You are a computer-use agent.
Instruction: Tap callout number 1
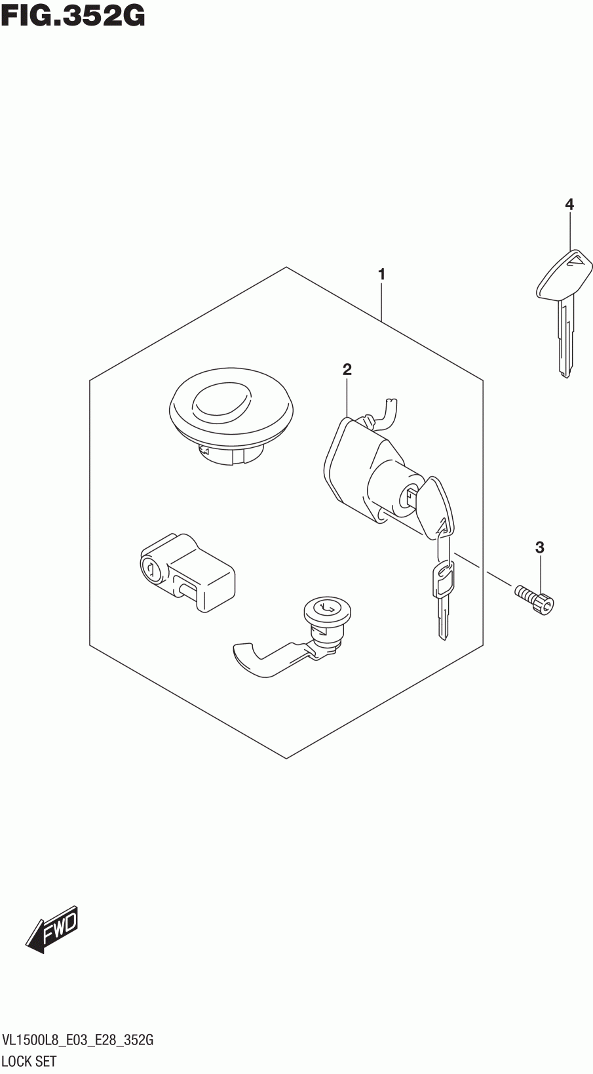381,275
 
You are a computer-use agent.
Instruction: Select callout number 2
347,370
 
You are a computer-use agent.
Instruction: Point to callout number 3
539,547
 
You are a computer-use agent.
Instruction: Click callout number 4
569,205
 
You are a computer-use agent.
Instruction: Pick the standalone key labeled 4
564,308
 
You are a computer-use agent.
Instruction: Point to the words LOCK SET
29,1060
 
